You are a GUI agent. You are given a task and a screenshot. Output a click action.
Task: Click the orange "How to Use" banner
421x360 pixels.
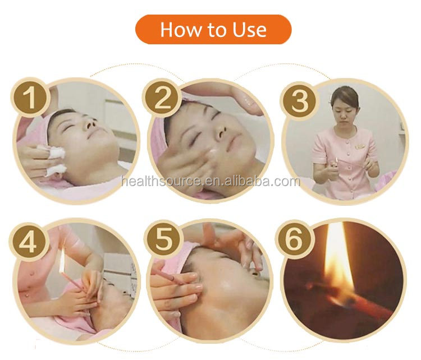click(x=213, y=30)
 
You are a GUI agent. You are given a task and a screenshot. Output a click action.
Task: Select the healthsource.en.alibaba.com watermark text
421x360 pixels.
click(x=211, y=181)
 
